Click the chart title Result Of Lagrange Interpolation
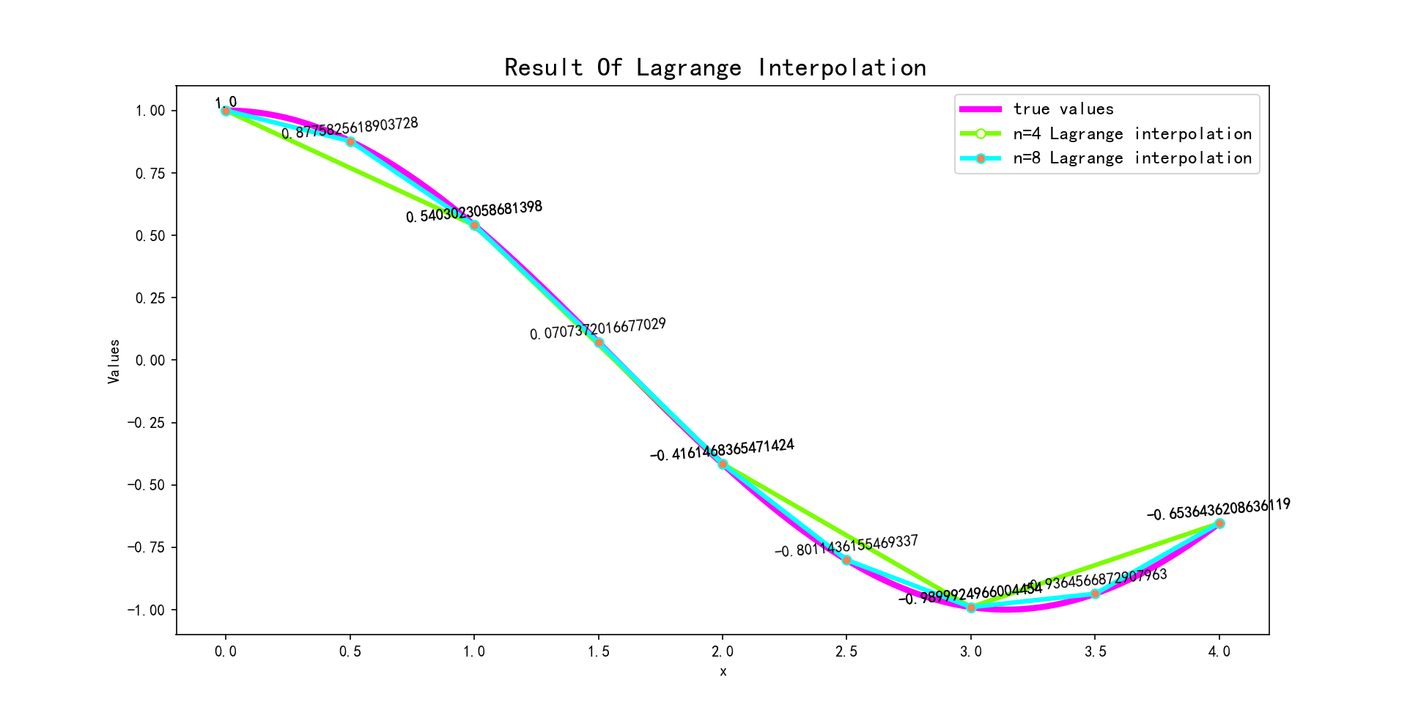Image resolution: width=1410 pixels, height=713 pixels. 715,67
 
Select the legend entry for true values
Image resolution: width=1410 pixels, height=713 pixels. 1063,109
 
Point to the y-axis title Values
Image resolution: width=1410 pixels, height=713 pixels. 114,361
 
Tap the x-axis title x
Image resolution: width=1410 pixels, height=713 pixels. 723,671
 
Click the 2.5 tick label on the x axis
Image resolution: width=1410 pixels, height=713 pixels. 846,651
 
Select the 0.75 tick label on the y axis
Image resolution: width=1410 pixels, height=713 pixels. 150,173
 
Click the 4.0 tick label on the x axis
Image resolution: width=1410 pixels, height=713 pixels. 1219,651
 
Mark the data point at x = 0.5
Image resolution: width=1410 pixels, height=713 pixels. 350,141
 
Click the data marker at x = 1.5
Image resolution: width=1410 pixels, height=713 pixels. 599,342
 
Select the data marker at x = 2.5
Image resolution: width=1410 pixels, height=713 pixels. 846,560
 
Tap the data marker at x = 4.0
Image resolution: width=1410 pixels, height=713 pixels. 1219,523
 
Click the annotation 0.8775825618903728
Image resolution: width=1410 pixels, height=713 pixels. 350,128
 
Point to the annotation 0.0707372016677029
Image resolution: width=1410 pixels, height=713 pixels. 598,329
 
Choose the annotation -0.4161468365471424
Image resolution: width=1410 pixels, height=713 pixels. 722,450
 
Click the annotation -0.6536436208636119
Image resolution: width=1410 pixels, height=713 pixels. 1219,509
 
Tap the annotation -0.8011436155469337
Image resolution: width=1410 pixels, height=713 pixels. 846,546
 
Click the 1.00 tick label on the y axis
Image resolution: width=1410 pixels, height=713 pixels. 150,111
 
